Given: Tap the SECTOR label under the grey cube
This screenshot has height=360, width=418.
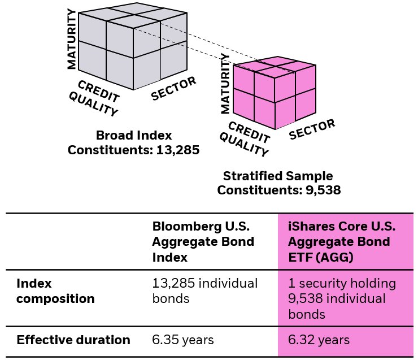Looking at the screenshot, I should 173,89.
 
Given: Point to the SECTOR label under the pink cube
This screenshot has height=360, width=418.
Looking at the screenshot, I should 312,129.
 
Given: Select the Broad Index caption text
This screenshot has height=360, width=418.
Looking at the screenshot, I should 134,136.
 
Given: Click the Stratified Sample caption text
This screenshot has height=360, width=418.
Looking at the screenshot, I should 278,176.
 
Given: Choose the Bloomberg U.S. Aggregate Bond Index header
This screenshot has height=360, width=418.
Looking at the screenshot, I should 203,241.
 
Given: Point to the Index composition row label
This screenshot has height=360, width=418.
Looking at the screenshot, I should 55,290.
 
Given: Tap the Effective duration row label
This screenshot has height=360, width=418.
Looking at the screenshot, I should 73,340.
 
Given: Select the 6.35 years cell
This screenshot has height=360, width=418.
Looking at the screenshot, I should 183,340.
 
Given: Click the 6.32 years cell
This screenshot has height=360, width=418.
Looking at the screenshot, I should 319,340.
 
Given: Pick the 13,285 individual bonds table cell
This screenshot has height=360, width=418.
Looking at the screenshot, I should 204,290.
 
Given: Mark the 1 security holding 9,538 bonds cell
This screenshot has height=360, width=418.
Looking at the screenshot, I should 342,298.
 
